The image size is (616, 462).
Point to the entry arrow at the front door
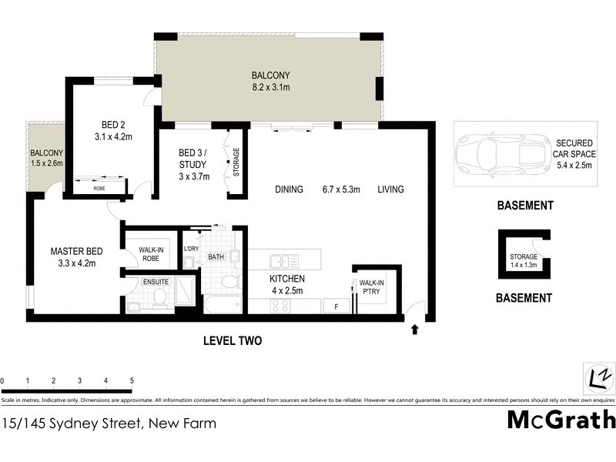416,330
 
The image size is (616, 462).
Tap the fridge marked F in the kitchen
336,307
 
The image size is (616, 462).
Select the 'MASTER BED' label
76,251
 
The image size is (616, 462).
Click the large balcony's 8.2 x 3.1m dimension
270,89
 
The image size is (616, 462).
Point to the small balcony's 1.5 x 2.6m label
46,162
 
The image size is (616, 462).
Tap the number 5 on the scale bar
132,381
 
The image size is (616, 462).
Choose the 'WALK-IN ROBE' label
149,254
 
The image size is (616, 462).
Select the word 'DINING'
289,189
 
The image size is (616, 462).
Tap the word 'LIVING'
390,189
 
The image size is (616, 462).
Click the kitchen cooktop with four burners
280,306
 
